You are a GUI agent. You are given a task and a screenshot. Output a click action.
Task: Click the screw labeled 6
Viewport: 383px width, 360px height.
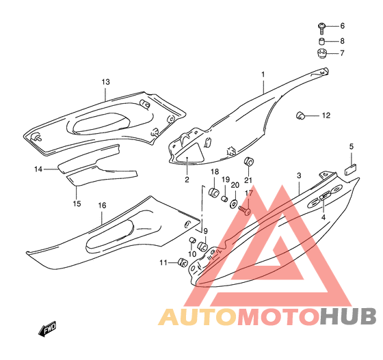321,28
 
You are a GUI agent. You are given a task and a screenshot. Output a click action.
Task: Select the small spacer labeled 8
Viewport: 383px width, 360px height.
322,41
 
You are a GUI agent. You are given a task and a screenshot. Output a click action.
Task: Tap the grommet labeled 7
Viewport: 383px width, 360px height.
322,53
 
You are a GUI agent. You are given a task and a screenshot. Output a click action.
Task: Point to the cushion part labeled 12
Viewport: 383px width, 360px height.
300,115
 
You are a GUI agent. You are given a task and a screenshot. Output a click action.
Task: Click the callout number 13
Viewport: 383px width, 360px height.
106,82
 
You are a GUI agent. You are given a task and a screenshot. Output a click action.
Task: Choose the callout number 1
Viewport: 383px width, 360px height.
263,74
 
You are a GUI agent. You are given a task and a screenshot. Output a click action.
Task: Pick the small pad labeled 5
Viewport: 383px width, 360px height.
351,169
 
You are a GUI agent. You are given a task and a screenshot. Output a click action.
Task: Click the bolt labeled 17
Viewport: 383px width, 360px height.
245,210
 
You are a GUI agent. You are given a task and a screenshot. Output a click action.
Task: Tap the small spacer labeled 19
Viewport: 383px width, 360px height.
224,199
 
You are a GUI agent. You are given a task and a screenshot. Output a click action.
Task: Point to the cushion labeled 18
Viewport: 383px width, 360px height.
213,192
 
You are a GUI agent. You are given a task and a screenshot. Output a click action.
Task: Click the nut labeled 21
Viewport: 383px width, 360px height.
249,162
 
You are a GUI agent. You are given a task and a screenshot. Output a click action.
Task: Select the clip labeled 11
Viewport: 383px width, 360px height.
183,263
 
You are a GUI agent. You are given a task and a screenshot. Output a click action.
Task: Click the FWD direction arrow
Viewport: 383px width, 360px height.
47,329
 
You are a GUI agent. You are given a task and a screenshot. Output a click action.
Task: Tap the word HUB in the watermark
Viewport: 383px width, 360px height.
348,317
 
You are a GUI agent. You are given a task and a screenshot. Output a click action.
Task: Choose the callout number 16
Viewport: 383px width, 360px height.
102,206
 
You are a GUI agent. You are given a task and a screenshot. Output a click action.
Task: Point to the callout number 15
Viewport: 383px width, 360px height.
77,204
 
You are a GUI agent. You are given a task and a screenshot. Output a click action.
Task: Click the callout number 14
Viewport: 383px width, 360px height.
38,169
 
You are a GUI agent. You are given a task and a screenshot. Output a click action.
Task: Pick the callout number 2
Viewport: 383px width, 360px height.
187,180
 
